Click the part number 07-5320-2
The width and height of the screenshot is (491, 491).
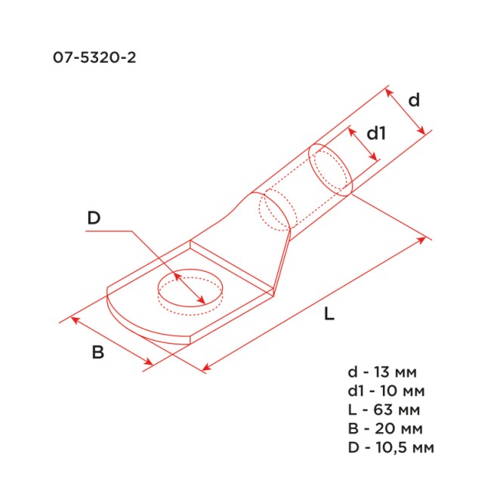95,58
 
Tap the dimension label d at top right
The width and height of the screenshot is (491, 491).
413,100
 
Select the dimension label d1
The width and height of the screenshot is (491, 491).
376,134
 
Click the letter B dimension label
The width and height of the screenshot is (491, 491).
97,353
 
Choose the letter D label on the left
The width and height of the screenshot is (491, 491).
94,218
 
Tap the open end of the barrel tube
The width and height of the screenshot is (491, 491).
331,170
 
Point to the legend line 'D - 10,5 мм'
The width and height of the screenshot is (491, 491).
391,447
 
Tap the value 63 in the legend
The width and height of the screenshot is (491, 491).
384,409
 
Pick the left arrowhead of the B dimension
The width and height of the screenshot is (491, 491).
73,320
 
